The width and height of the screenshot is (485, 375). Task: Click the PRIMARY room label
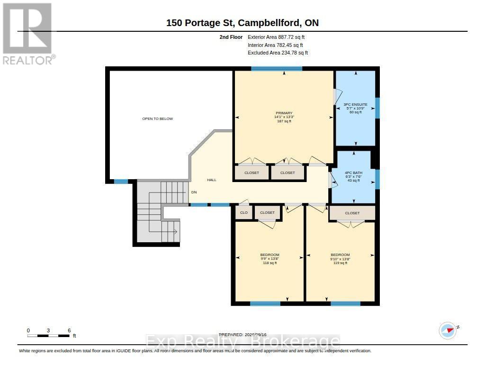[x=284, y=113]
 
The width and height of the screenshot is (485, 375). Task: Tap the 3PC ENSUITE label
[x=355, y=105]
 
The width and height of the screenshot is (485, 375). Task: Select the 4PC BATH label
[x=353, y=173]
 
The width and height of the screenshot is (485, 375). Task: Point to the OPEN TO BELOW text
[x=157, y=119]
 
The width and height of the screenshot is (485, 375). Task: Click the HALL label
[x=212, y=180]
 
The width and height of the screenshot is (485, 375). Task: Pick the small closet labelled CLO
[x=244, y=213]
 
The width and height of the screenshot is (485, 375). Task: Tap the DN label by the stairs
[x=194, y=192]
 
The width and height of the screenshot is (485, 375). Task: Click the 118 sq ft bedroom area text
[x=269, y=263]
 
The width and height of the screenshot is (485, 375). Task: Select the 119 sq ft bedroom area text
[x=340, y=263]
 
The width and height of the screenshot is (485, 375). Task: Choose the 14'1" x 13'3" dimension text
[x=284, y=117]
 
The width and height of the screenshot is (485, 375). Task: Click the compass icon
[x=448, y=330]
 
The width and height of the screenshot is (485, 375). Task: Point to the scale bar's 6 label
[x=69, y=330]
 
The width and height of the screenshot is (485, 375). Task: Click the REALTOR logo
[x=28, y=34]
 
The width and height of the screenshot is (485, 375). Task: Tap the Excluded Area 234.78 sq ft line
[x=278, y=53]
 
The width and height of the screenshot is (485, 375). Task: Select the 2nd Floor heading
[x=231, y=37]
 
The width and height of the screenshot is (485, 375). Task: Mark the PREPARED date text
[x=242, y=335]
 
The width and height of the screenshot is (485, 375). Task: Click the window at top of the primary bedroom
[x=277, y=69]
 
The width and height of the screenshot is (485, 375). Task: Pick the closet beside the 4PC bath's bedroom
[x=352, y=213]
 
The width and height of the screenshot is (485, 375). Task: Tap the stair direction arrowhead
[x=175, y=231]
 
